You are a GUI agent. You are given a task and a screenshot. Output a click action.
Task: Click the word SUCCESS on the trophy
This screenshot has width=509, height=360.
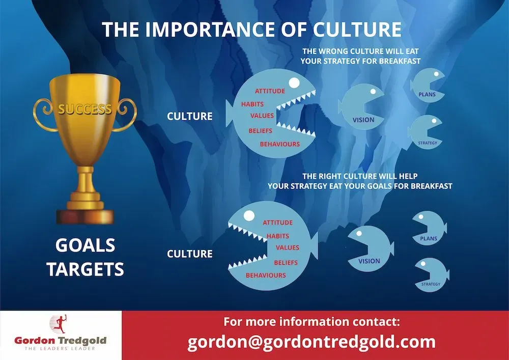tap(85, 109)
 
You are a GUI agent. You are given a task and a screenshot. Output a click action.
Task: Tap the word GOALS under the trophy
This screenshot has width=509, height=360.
tap(86, 245)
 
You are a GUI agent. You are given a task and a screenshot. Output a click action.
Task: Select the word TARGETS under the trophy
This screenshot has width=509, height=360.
tap(86, 269)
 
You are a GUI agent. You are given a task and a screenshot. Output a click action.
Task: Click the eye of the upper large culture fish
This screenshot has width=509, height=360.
tap(294, 83)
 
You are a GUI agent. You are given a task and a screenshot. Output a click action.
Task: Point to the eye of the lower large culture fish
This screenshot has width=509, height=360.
tap(249, 215)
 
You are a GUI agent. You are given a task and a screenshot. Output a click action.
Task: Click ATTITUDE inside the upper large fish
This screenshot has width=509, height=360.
tap(270, 91)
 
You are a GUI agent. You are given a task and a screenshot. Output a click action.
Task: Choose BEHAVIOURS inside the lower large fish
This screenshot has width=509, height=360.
tap(266, 275)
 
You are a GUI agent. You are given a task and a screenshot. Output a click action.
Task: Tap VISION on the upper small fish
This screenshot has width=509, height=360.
tap(363, 120)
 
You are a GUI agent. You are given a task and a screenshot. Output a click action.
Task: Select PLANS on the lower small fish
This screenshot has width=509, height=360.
tap(429, 239)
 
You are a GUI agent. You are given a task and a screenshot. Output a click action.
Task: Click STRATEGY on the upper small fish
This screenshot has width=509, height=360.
tap(428, 143)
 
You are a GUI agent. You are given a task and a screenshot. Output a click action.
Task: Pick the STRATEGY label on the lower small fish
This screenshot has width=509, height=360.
tap(431, 284)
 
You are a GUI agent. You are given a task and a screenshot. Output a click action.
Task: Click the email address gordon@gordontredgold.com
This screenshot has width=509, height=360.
tap(312, 342)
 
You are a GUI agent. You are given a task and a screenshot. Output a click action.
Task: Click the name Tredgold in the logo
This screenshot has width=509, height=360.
tap(82, 341)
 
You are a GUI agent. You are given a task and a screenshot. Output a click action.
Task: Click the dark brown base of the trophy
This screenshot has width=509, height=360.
tap(85, 217)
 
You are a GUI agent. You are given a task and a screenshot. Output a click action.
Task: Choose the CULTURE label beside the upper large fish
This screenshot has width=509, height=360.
tap(189, 116)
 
